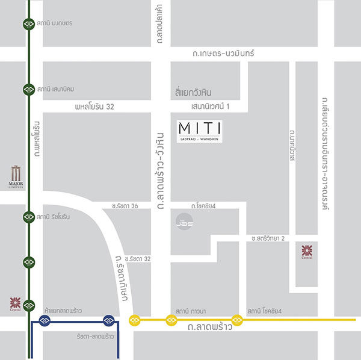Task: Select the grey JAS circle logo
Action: [x=180, y=220]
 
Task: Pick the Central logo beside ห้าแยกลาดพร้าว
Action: [x=15, y=303]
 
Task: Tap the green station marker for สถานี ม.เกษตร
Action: [x=28, y=23]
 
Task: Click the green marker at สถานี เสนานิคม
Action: [x=28, y=90]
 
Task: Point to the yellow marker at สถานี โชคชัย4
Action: [x=238, y=318]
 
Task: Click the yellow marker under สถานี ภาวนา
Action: [x=172, y=319]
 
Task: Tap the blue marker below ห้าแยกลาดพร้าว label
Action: [x=44, y=319]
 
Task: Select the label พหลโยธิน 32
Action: [x=94, y=107]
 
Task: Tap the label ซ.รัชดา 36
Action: [x=125, y=206]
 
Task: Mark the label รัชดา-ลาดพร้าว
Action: [x=95, y=333]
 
